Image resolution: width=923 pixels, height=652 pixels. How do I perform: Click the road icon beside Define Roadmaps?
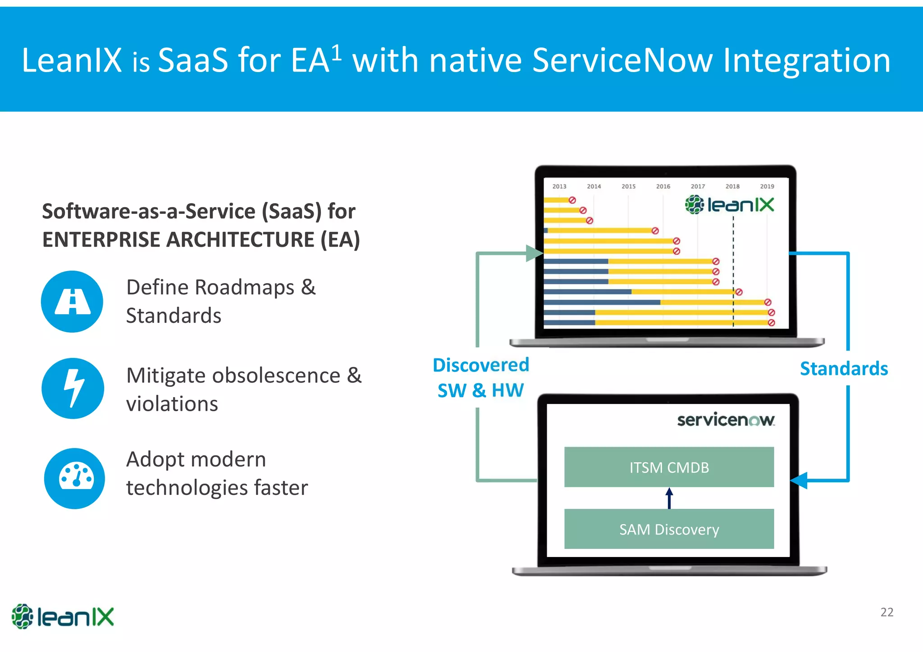click(72, 302)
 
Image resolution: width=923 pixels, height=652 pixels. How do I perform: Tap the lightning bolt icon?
click(73, 388)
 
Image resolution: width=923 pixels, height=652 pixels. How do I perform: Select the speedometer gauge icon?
click(75, 478)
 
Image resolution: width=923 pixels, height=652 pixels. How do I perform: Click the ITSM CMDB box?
click(669, 467)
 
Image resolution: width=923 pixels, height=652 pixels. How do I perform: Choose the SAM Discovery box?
click(669, 529)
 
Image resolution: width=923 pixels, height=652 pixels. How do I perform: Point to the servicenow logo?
click(726, 420)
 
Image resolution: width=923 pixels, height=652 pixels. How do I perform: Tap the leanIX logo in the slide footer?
click(63, 616)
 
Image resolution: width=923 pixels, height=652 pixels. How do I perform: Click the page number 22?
click(886, 612)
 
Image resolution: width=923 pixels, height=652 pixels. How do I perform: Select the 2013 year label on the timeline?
click(559, 186)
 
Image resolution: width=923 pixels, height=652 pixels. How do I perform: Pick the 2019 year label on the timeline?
click(767, 186)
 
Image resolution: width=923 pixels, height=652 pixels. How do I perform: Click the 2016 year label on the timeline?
click(663, 186)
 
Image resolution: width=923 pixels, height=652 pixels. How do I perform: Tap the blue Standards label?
click(844, 369)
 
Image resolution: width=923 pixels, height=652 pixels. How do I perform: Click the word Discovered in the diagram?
click(481, 365)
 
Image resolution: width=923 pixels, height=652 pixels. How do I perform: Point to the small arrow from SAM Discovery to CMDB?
click(669, 498)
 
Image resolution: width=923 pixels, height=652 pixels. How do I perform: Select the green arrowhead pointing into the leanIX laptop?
click(535, 253)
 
